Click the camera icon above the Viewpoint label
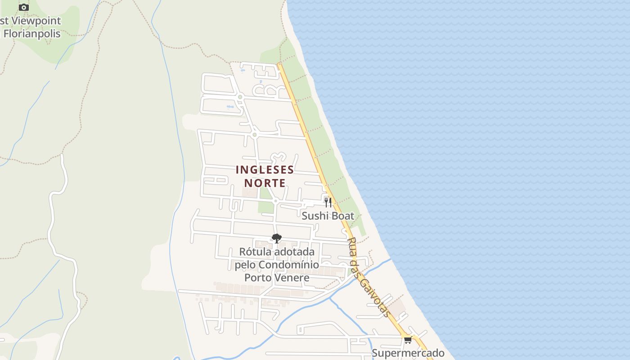click(24, 7)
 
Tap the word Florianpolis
click(31, 33)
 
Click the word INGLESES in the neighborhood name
click(265, 170)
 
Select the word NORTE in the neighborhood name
click(265, 183)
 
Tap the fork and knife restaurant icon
click(328, 202)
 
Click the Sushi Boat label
click(328, 216)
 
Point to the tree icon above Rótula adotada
click(276, 238)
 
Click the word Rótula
click(255, 252)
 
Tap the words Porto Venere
click(277, 277)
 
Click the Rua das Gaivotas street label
click(369, 277)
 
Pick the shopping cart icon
click(408, 340)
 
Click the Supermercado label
click(408, 353)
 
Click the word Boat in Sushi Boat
click(342, 216)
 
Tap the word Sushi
click(315, 216)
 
